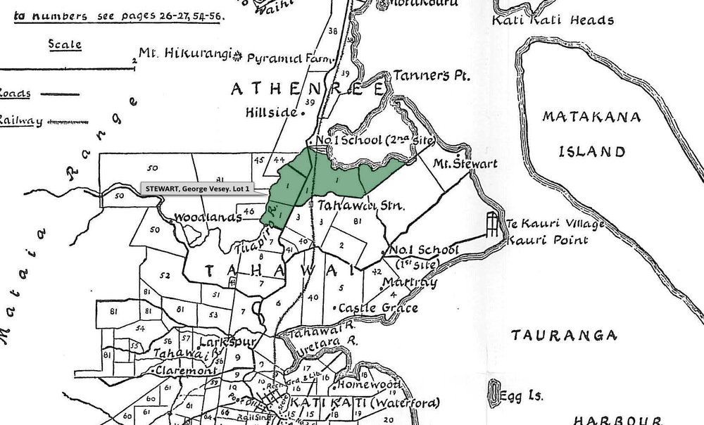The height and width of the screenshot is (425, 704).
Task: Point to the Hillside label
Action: [x=271, y=112]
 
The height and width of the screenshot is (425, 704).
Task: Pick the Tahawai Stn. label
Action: [x=360, y=206]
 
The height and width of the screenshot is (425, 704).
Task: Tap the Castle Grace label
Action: [x=378, y=308]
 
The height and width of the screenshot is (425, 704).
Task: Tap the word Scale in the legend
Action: [x=65, y=44]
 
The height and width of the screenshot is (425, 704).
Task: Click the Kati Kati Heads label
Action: [x=553, y=20]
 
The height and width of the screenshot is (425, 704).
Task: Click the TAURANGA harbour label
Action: [x=555, y=334]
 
